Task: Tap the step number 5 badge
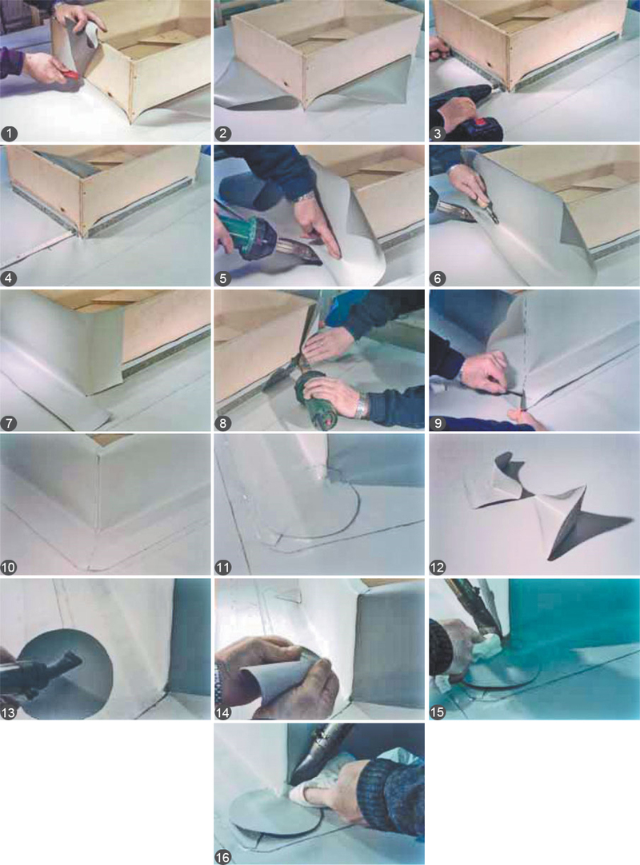coord(223,278)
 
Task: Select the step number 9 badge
coord(438,423)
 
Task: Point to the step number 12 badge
coord(438,567)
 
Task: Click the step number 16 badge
coord(223,857)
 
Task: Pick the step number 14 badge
coord(223,712)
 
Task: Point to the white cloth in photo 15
coord(486,648)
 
